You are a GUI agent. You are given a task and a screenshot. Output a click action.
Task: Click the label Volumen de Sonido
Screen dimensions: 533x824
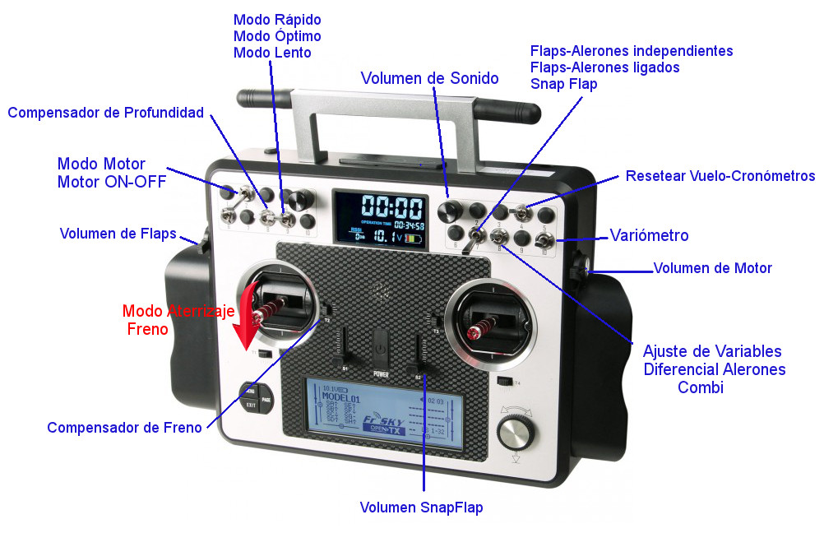[x=429, y=78]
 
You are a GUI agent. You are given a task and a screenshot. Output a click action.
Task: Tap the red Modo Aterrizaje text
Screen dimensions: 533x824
[x=178, y=311]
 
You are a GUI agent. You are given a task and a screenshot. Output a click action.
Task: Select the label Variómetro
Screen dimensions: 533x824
[x=649, y=235]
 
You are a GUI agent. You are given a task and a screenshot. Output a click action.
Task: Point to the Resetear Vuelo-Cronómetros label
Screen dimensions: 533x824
[x=720, y=176]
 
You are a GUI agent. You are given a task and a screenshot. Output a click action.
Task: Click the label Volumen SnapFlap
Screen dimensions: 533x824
[x=421, y=508]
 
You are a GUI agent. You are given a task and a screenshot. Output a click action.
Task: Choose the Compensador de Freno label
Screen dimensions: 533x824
[x=124, y=428]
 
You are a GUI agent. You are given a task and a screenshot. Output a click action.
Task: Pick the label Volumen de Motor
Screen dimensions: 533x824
[x=712, y=268]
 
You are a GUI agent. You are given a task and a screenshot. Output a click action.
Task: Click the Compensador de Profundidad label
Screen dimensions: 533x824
[x=105, y=113]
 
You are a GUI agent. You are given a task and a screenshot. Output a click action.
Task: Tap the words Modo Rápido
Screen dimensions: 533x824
[x=277, y=20]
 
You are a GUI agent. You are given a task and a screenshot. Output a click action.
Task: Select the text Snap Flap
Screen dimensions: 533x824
[x=563, y=84]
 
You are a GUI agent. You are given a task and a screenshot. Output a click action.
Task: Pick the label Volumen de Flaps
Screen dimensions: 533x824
[x=118, y=234]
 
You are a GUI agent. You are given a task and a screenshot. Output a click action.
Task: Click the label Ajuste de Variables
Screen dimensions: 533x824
[x=712, y=351]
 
